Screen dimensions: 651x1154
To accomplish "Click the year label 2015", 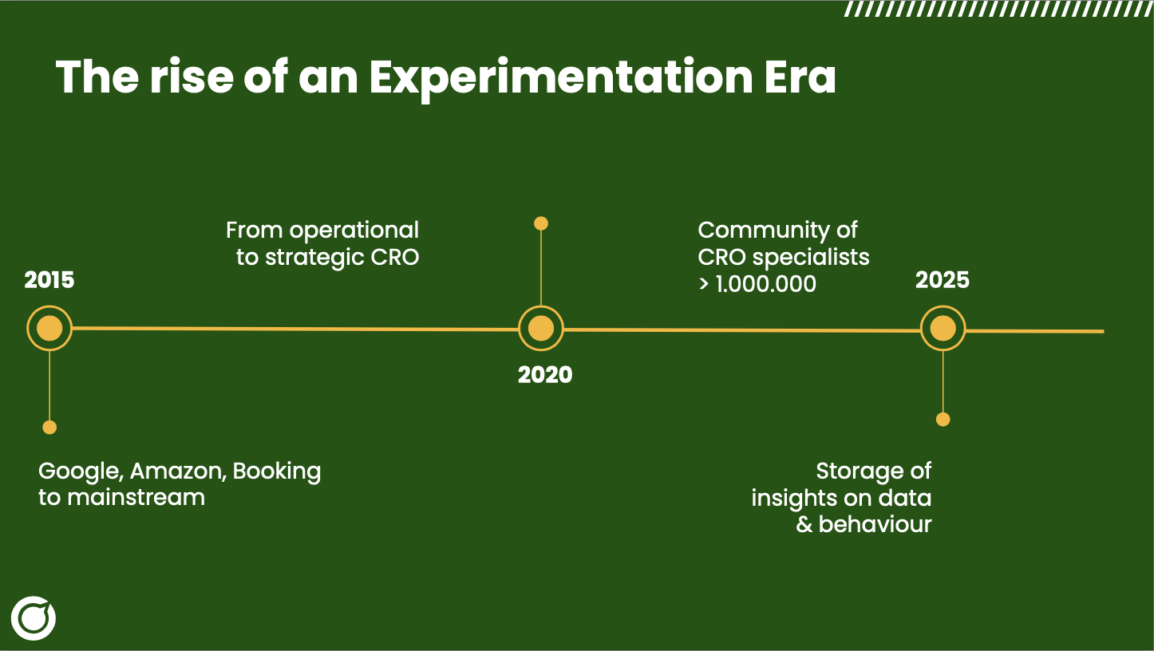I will [x=49, y=280].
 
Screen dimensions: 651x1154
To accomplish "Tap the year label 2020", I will [x=545, y=375].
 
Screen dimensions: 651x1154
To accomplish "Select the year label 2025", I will [x=942, y=280].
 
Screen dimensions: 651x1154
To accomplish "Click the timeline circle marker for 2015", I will [x=49, y=329].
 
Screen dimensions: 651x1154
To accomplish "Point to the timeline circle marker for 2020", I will [x=541, y=329].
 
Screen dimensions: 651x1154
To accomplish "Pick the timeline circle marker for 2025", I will [x=943, y=329].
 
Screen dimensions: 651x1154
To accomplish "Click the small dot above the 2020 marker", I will [x=541, y=223].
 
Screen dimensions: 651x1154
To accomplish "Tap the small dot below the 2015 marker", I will [x=49, y=428].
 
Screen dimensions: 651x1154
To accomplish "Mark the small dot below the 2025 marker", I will [x=943, y=420].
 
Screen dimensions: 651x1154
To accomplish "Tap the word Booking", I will [x=277, y=471].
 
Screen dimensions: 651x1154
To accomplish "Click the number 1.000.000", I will [x=765, y=283].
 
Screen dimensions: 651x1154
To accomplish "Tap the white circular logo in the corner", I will [x=34, y=617].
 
